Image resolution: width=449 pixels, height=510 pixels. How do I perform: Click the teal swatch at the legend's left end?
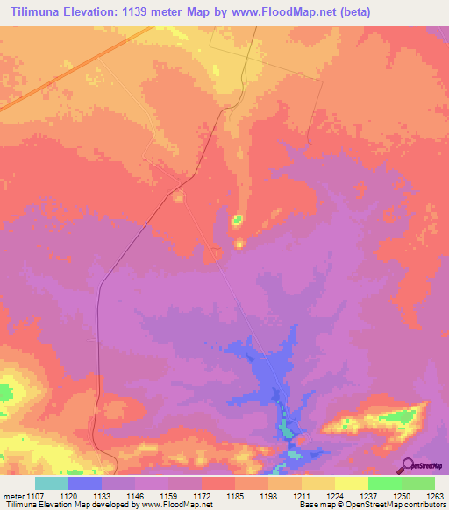pyautogui.click(x=52, y=483)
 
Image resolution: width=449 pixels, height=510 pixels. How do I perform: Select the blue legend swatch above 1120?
pyautogui.click(x=85, y=483)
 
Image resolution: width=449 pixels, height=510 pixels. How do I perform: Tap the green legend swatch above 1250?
pyautogui.click(x=385, y=483)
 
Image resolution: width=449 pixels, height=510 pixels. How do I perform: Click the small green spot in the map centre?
pyautogui.click(x=237, y=220)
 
